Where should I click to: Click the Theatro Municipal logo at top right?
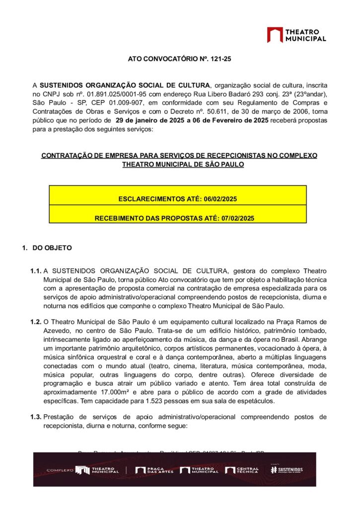tap(296, 35)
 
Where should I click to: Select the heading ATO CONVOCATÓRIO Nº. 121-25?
tap(180, 59)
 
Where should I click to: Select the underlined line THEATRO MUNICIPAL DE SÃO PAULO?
tap(183, 164)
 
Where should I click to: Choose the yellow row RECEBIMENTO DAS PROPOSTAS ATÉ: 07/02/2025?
tap(178, 218)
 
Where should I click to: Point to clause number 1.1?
tap(35, 271)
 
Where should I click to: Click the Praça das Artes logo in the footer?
tap(154, 470)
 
